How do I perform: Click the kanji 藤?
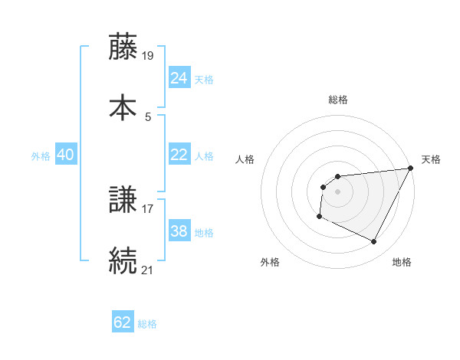pyautogui.click(x=123, y=47)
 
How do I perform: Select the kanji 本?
pyautogui.click(x=123, y=106)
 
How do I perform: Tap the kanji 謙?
pyautogui.click(x=123, y=201)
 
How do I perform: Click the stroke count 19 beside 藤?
pyautogui.click(x=149, y=56)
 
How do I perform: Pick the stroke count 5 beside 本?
pyautogui.click(x=148, y=116)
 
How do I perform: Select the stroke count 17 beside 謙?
pyautogui.click(x=148, y=208)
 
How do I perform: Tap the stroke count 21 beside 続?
pyautogui.click(x=148, y=269)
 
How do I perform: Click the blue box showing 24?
pyautogui.click(x=179, y=78)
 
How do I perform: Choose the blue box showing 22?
pyautogui.click(x=179, y=155)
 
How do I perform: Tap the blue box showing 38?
pyautogui.click(x=179, y=231)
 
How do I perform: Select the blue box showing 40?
pyautogui.click(x=66, y=155)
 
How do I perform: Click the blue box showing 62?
pyautogui.click(x=123, y=322)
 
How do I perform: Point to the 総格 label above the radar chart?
pyautogui.click(x=338, y=100)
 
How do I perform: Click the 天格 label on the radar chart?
pyautogui.click(x=432, y=159)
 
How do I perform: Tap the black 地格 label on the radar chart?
pyautogui.click(x=402, y=262)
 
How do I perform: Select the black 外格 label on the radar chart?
pyautogui.click(x=270, y=262)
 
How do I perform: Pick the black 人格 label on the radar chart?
pyautogui.click(x=245, y=159)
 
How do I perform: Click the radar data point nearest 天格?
pyautogui.click(x=412, y=169)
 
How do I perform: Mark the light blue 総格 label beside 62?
pyautogui.click(x=147, y=324)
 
